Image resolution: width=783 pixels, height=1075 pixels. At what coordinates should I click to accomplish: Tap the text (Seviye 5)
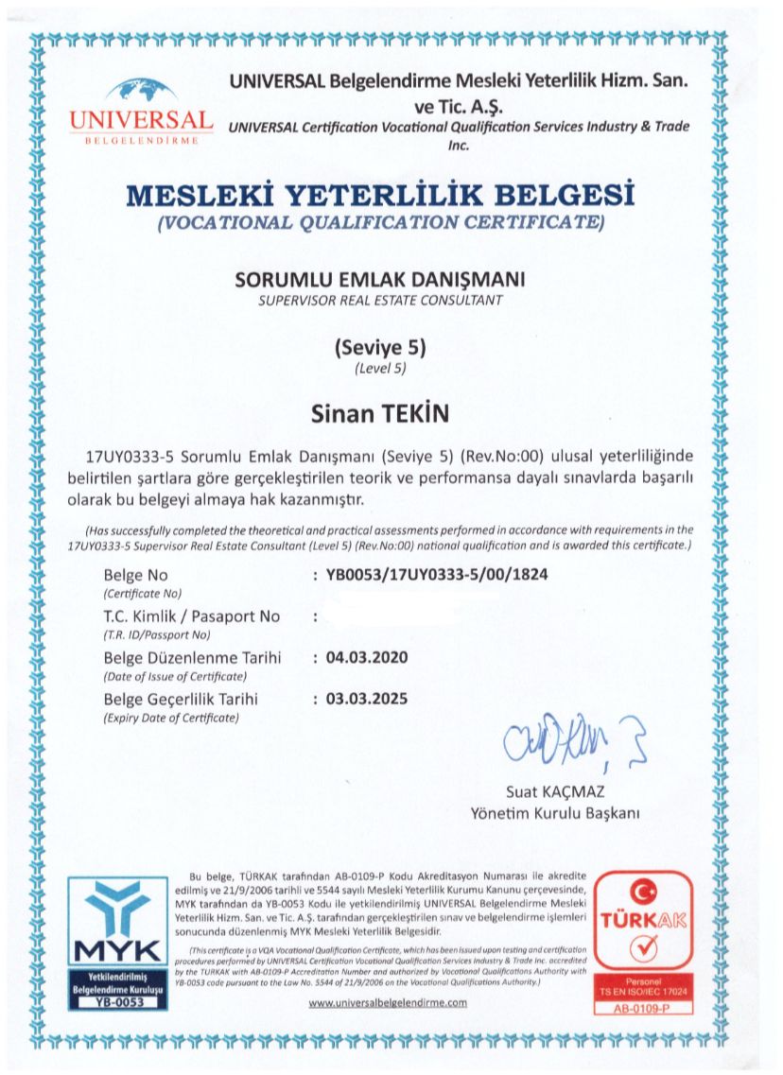(x=380, y=348)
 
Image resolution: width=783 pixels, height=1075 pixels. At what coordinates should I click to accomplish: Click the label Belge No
(x=134, y=574)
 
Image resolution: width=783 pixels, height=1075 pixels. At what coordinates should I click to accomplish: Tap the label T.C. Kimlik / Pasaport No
(x=191, y=616)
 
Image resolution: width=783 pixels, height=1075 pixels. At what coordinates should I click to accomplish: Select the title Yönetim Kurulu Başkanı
(x=555, y=813)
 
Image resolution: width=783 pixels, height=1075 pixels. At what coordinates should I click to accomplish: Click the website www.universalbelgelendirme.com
(x=389, y=1003)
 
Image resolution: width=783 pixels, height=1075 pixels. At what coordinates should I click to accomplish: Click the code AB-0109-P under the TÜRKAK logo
(x=648, y=1007)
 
